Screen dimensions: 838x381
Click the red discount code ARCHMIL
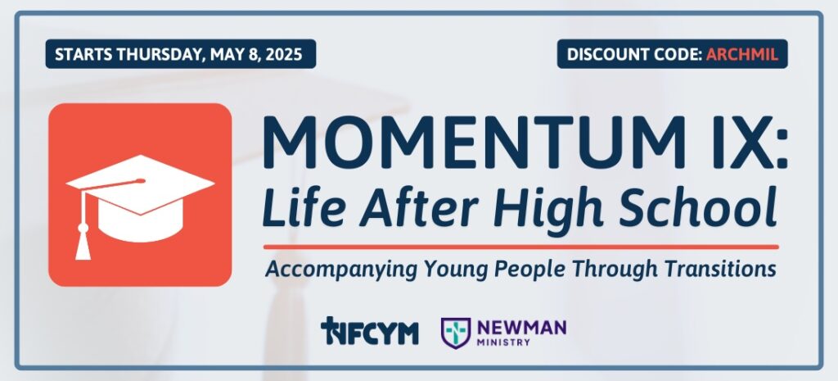(x=741, y=54)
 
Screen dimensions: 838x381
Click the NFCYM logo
(x=369, y=331)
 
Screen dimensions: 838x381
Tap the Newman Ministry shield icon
(x=455, y=333)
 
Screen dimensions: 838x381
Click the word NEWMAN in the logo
(x=521, y=327)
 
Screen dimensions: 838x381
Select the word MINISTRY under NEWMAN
(x=503, y=342)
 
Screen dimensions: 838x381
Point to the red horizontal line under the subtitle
(x=520, y=247)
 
